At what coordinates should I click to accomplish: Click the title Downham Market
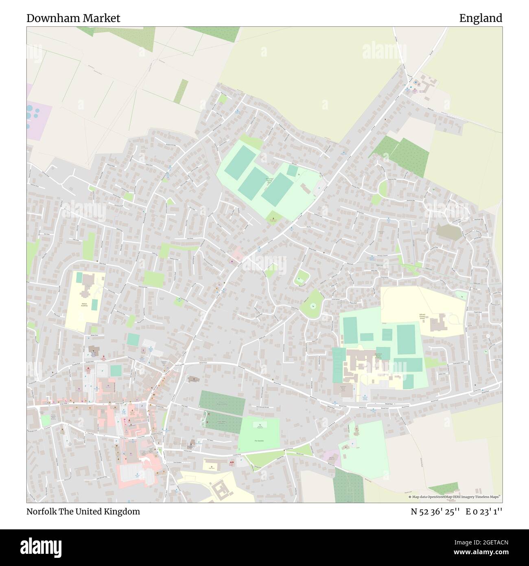(x=73, y=18)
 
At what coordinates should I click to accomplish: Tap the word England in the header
(x=481, y=18)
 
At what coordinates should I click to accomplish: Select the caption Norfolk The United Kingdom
(x=83, y=511)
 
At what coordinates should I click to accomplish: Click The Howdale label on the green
(x=259, y=441)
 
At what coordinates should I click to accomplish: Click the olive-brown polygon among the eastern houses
(x=449, y=233)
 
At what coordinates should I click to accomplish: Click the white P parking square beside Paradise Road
(x=101, y=371)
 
